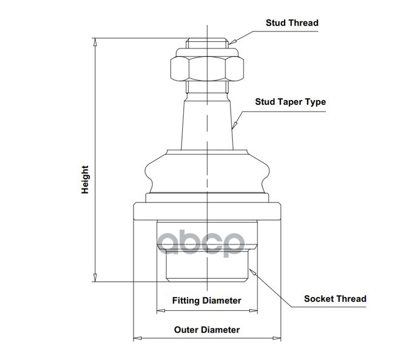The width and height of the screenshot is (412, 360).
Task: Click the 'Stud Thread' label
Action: coord(292,23)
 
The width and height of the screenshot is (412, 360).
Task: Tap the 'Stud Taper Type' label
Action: coord(291,102)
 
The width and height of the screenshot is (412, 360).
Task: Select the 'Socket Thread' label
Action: coord(335,299)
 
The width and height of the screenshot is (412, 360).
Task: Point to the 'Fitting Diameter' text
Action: coord(206,301)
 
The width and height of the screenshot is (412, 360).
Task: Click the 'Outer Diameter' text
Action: coord(207,330)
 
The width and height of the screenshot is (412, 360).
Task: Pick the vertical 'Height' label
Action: coord(85,180)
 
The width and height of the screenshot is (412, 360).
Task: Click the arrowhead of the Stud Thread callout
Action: coord(232,41)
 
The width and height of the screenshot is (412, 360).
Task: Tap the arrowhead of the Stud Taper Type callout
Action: coord(234,125)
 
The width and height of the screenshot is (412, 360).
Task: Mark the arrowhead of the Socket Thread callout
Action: coord(252,272)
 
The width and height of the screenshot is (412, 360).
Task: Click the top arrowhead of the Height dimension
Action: coord(95,42)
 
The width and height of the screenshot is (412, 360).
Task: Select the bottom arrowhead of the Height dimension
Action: coord(95,278)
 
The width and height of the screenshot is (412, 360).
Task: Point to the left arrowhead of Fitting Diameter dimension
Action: coord(161,311)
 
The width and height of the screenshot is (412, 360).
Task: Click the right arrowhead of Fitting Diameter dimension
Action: coord(253,311)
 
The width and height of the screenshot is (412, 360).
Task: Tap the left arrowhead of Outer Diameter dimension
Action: coord(138,338)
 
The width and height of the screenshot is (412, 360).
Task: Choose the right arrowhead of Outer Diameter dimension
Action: coord(277,338)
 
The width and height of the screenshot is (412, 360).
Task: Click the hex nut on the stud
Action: coord(207,68)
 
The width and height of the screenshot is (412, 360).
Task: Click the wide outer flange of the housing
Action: coord(207,212)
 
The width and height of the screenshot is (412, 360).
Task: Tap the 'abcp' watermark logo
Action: coord(201,244)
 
